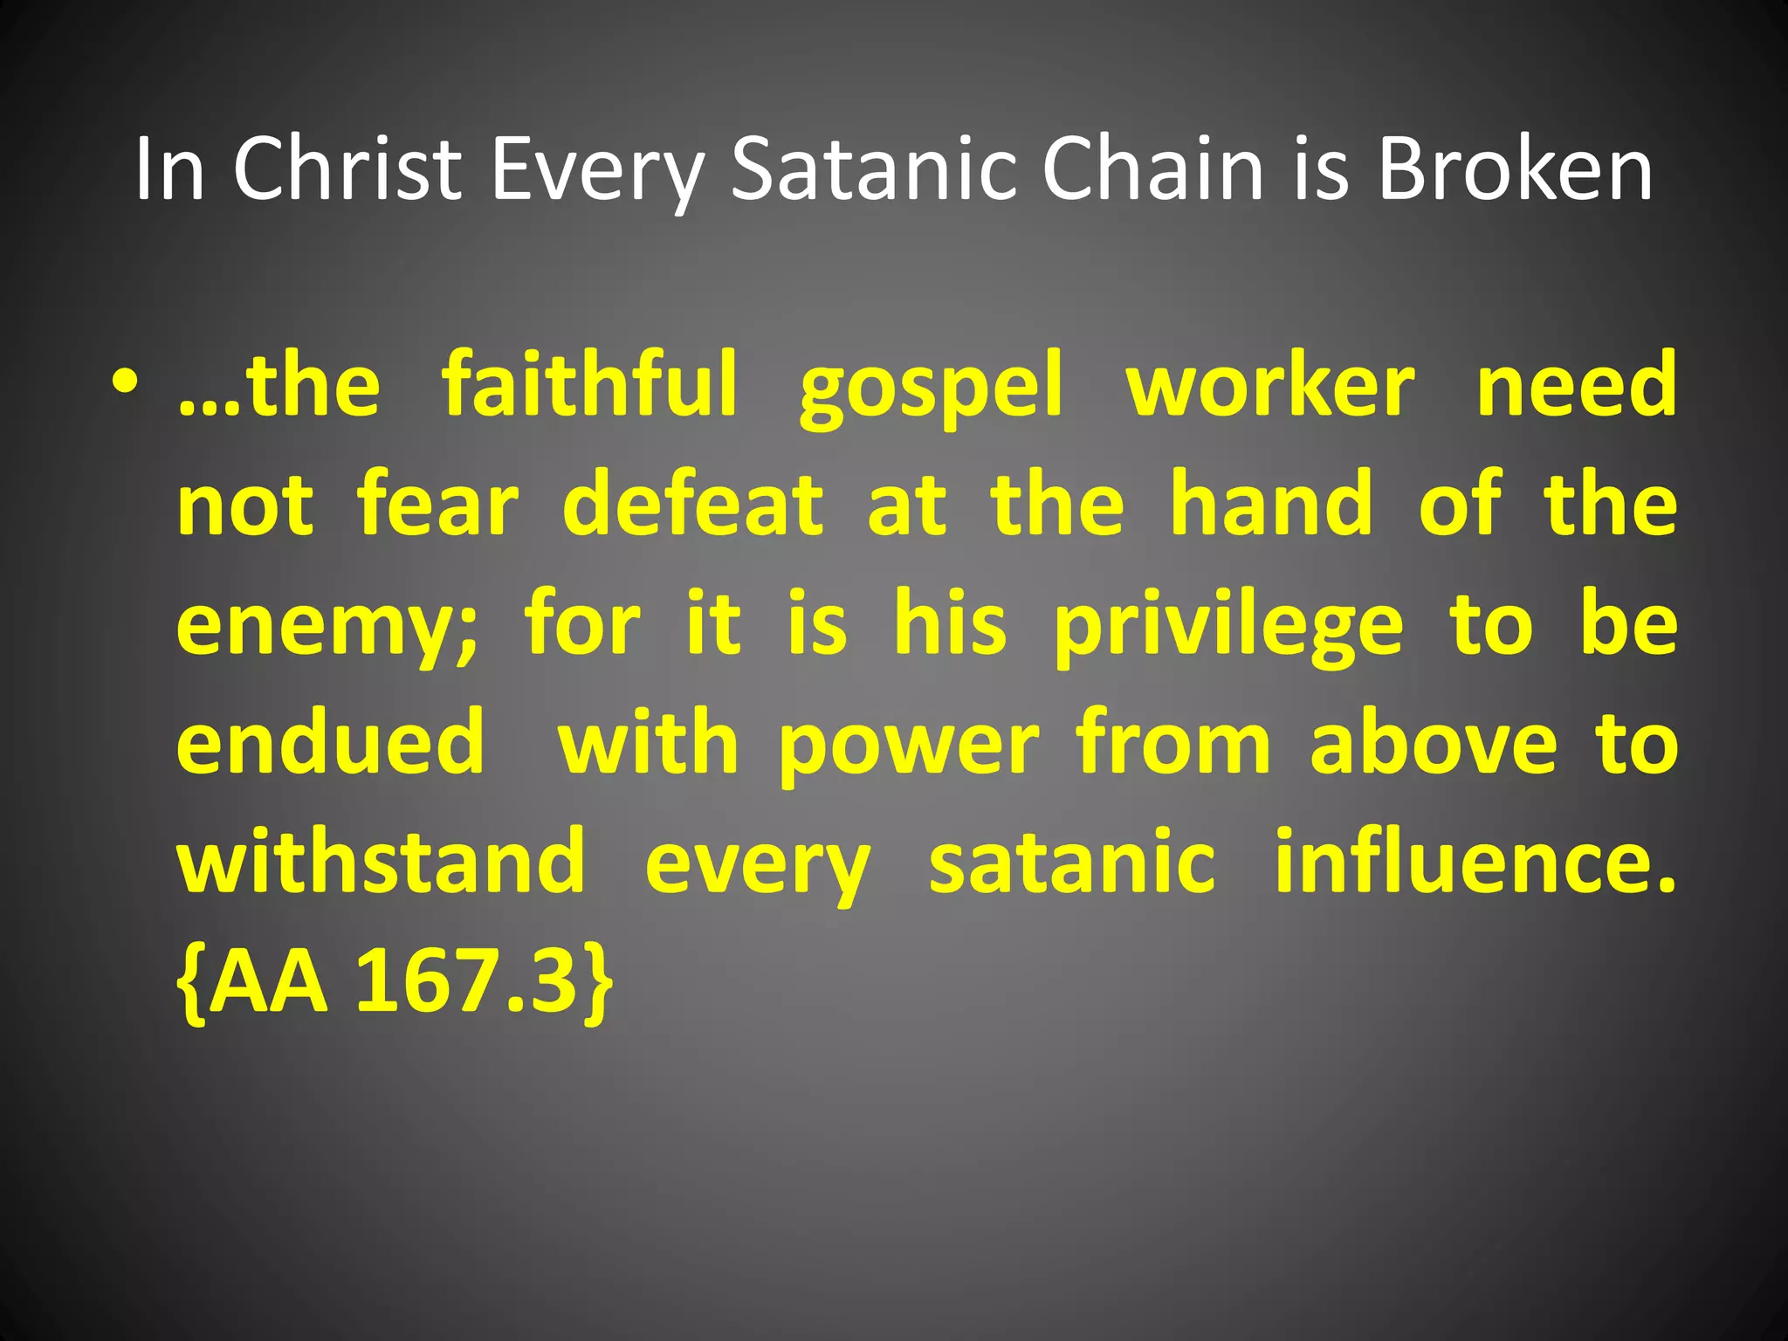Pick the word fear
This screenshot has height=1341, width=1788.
tap(438, 504)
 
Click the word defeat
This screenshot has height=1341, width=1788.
tap(693, 504)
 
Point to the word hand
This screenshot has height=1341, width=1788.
tap(1271, 504)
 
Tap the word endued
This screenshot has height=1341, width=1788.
tap(331, 743)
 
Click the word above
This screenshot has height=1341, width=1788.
tap(1434, 743)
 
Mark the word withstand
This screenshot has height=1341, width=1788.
tap(382, 862)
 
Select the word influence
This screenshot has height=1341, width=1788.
tap(1475, 862)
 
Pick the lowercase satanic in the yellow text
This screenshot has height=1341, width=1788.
tap(1072, 862)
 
